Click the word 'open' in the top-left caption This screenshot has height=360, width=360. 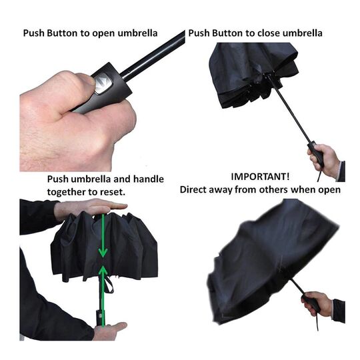104,34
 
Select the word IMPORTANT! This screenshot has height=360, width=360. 260,177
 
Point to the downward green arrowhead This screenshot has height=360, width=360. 103,253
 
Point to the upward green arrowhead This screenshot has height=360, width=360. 103,270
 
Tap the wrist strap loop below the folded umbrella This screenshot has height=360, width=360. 109,284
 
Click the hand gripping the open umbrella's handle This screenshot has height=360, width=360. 317,303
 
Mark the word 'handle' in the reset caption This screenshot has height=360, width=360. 149,179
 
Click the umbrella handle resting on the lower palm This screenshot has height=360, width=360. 99,318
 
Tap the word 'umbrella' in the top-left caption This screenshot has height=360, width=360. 137,33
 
